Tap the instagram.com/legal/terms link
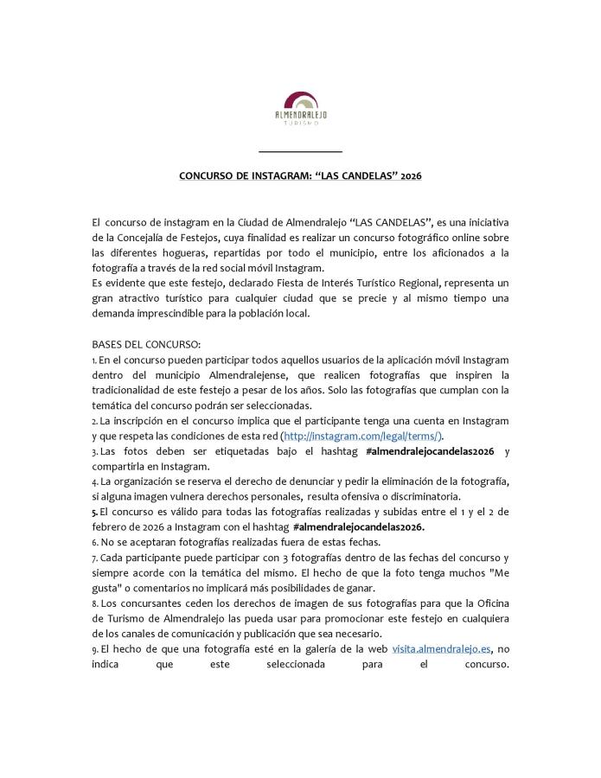pyautogui.click(x=362, y=437)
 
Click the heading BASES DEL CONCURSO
pyautogui.click(x=146, y=344)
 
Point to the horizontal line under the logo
pyautogui.click(x=300, y=152)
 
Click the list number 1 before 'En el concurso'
pyautogui.click(x=93, y=360)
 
